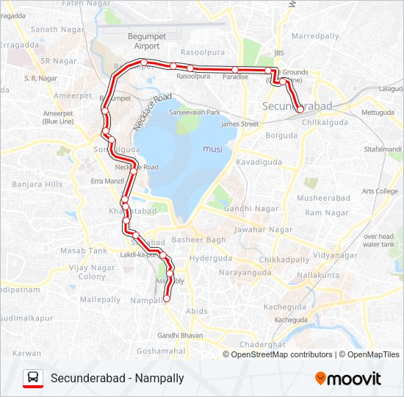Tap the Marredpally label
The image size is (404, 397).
(x=314, y=35)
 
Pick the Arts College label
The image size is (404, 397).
(x=380, y=191)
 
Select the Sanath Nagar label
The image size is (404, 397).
(x=54, y=29)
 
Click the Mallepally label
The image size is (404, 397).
(x=100, y=300)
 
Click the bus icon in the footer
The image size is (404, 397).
(x=33, y=378)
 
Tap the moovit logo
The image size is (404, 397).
(x=348, y=379)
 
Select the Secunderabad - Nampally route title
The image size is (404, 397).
(x=118, y=379)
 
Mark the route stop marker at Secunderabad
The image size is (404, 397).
(x=300, y=110)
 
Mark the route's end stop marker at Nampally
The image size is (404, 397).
(x=166, y=298)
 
